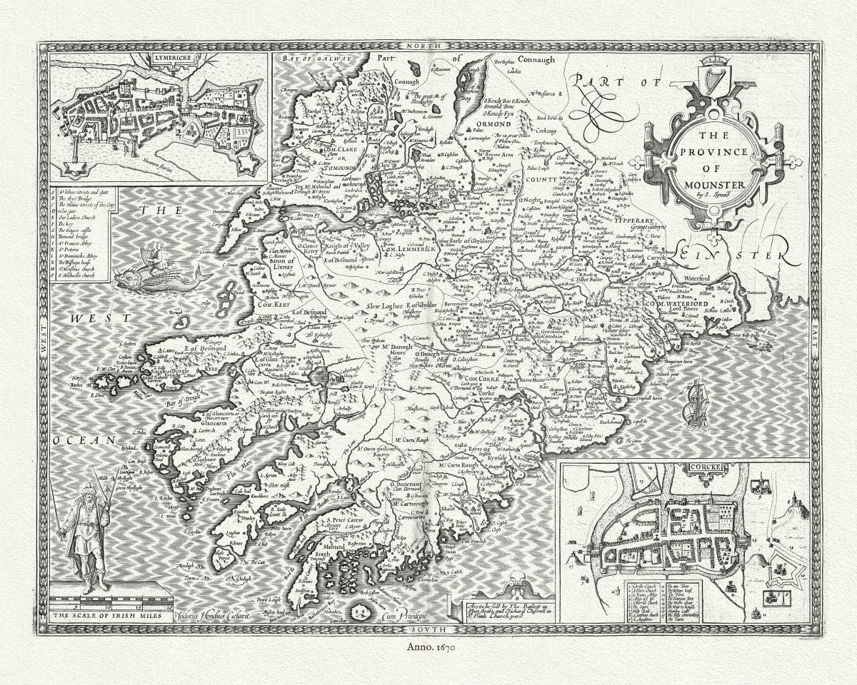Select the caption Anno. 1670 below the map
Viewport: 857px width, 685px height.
tap(428, 647)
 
